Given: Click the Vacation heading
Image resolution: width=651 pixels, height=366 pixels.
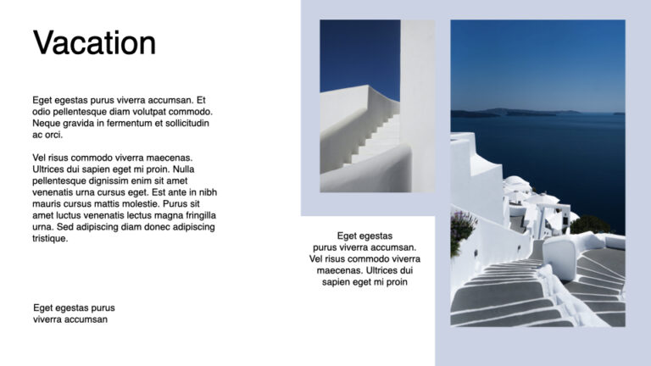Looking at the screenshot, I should pos(94,43).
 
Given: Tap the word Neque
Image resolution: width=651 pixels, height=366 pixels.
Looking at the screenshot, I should pos(47,124).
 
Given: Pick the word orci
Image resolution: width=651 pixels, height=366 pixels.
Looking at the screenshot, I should pos(53,135).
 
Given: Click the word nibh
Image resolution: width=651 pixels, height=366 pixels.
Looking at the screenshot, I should pos(207,192).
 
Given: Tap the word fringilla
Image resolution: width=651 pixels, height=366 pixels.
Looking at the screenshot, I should pos(196,215).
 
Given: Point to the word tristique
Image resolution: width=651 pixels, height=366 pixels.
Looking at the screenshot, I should pos(50,238).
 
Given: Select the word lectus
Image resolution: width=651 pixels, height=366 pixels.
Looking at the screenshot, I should pos(139,215).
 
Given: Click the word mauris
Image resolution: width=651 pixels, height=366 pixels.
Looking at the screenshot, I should pos(47,204).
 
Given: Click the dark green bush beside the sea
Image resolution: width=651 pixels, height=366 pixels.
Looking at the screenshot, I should pos(588,225).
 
